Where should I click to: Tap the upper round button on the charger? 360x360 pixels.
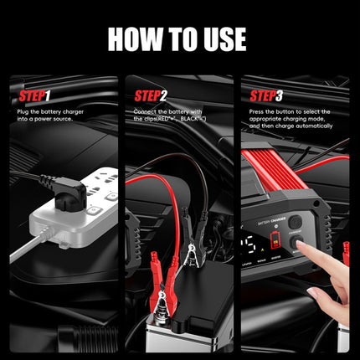294,224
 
